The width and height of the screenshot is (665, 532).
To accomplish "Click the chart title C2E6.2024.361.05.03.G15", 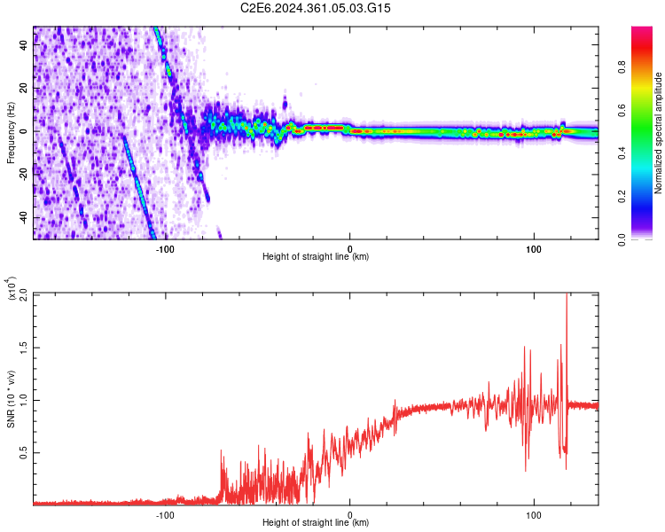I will (x=316, y=8).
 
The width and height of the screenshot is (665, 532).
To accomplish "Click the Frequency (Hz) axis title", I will (x=11, y=133).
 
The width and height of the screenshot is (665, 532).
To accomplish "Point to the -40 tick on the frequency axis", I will (x=24, y=218).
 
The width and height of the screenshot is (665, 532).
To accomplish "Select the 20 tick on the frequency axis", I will (x=24, y=89).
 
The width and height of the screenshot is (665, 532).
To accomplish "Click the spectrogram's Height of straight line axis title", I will (x=316, y=257).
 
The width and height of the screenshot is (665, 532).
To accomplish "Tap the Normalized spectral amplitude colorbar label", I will (x=658, y=133).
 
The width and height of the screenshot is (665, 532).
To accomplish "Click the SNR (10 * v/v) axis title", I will (x=11, y=399).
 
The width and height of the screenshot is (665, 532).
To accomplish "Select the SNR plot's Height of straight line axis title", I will (x=316, y=523).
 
